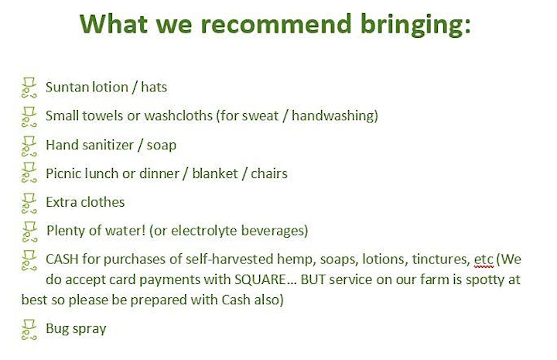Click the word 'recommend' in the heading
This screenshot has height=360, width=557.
click(x=276, y=24)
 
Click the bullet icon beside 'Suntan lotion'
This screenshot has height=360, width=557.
click(x=29, y=87)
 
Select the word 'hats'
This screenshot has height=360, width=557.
click(x=154, y=87)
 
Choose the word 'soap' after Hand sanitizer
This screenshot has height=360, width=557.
click(x=161, y=146)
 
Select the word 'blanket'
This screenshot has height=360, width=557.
click(x=215, y=173)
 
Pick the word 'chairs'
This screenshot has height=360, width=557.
click(x=269, y=173)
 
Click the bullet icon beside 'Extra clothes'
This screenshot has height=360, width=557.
click(x=29, y=204)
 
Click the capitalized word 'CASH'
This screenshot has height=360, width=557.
click(x=62, y=259)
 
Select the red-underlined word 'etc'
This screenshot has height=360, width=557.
click(x=484, y=260)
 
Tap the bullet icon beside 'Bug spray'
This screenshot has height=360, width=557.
click(x=29, y=330)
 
